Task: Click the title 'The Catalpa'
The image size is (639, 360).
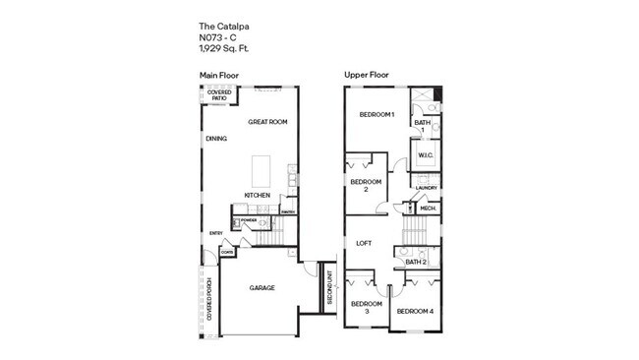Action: pyautogui.click(x=220, y=28)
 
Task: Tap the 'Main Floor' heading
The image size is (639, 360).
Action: pyautogui.click(x=220, y=76)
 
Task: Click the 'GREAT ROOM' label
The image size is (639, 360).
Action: pyautogui.click(x=266, y=122)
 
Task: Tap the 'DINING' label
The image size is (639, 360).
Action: pyautogui.click(x=216, y=139)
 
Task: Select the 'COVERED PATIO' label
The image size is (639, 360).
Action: pyautogui.click(x=219, y=96)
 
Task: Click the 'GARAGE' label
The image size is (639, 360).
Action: pyautogui.click(x=261, y=288)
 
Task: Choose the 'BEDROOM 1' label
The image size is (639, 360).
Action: pyautogui.click(x=377, y=115)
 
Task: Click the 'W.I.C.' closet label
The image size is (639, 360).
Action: pyautogui.click(x=426, y=155)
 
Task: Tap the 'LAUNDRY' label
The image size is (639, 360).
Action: pyautogui.click(x=427, y=187)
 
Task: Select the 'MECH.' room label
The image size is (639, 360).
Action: pyautogui.click(x=429, y=209)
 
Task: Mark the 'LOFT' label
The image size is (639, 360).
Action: pyautogui.click(x=363, y=243)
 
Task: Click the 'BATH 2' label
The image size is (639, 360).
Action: pyautogui.click(x=417, y=262)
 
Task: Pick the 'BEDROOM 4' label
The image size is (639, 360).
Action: pyautogui.click(x=414, y=312)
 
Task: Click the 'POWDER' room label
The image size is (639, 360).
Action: pyautogui.click(x=249, y=219)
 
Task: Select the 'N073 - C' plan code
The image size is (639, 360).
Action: pyautogui.click(x=218, y=37)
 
